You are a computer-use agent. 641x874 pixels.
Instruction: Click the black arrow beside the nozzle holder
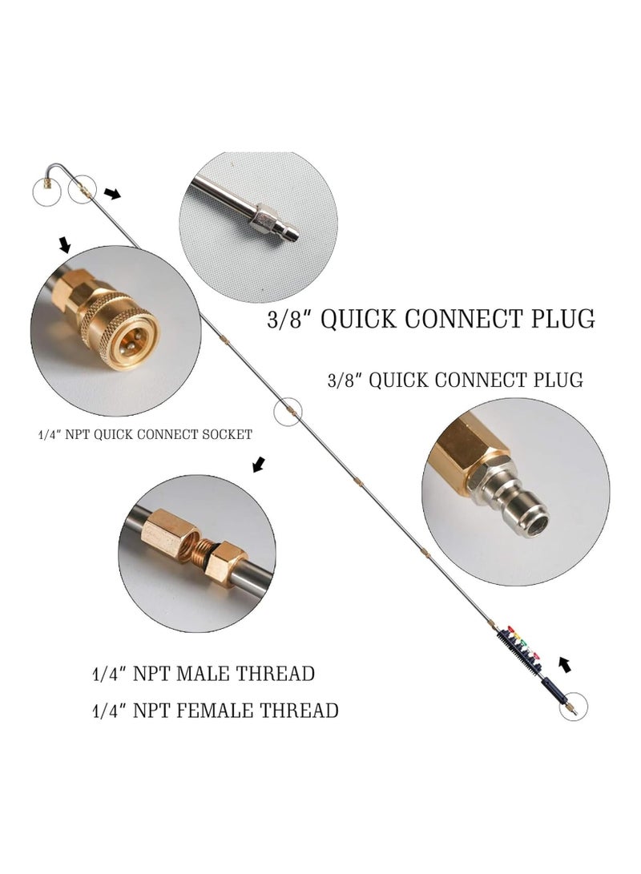click(566, 664)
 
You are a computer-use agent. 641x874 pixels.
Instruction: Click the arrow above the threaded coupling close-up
click(257, 465)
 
